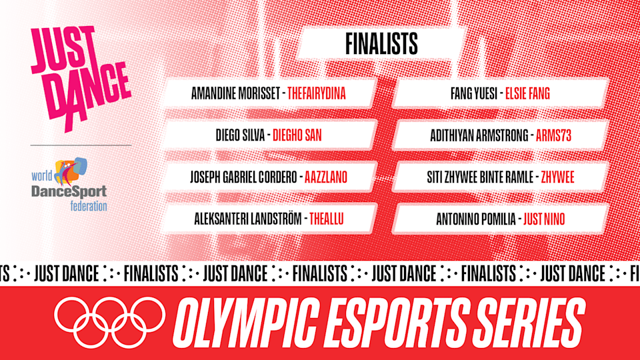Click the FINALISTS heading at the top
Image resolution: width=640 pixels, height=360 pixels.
pos(381,44)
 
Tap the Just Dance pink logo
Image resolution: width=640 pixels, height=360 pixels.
pos(81,79)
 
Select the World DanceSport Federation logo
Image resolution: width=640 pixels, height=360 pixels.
pos(69,185)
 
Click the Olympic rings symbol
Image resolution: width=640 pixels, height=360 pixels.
pos(110,322)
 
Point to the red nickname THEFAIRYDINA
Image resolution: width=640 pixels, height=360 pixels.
pos(316,93)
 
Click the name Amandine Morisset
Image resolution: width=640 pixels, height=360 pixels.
pos(235,93)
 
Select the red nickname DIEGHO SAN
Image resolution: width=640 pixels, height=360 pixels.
pos(297,135)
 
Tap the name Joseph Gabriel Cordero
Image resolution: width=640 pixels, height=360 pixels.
pos(244,177)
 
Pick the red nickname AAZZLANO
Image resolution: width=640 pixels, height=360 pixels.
pos(326,177)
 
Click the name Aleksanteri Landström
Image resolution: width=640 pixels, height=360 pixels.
pos(248,219)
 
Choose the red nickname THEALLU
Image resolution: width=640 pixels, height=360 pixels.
pos(327,219)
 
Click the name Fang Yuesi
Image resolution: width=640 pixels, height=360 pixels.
pos(474,93)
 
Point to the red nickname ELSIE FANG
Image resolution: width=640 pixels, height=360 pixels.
pos(528,93)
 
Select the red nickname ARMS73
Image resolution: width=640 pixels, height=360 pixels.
pos(553,135)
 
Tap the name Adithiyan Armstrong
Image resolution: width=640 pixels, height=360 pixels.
pos(479,135)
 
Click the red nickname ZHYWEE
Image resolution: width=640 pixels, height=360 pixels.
pos(557,177)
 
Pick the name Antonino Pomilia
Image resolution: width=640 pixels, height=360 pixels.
pos(476,219)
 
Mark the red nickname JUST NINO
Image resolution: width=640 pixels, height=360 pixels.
pos(544,219)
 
